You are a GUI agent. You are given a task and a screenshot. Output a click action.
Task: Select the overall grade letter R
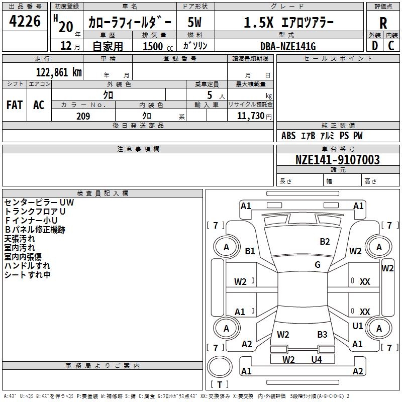383,23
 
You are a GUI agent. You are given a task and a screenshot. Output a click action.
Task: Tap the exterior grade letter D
374,45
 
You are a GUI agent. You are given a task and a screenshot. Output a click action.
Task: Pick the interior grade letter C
391,45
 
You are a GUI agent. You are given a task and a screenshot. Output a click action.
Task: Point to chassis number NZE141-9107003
337,160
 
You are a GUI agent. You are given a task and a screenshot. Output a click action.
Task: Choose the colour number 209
83,116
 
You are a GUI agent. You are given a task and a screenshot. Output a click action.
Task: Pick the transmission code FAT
14,105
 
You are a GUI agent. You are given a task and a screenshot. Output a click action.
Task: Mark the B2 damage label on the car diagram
325,242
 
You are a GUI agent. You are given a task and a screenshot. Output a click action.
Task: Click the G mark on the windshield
318,265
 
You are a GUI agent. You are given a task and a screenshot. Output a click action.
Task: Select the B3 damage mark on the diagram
322,334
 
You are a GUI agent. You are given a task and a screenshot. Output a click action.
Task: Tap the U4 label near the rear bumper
316,359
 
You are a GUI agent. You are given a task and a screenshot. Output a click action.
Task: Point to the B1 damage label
250,251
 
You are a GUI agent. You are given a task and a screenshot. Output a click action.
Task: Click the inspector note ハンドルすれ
27,266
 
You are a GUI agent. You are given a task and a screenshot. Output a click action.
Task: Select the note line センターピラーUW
39,203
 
